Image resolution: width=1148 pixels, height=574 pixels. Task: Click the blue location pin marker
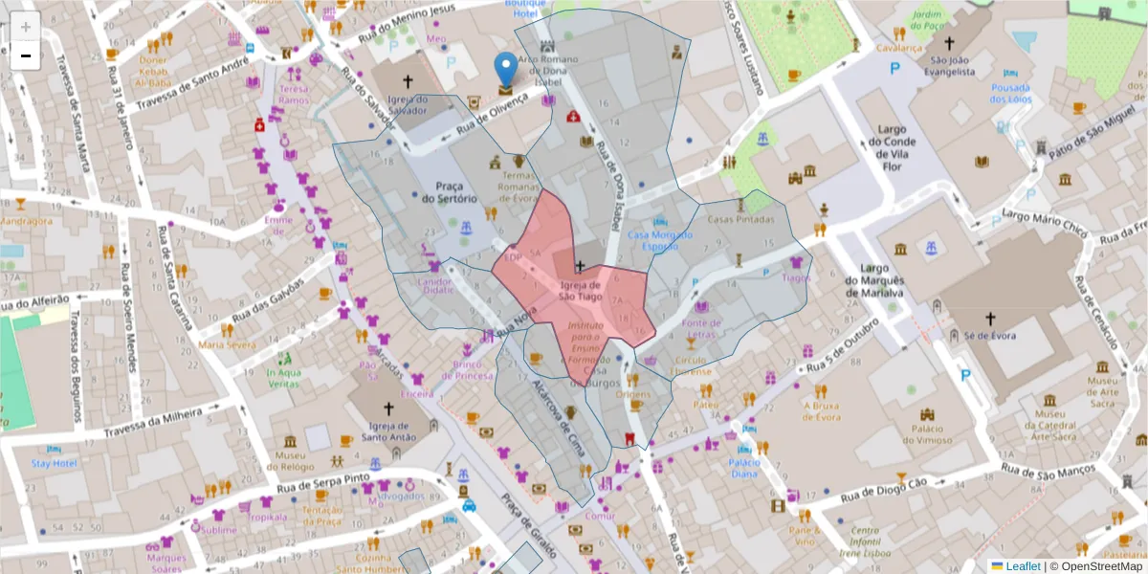[x=505, y=72]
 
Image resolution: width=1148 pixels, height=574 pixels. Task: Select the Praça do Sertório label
[x=449, y=191]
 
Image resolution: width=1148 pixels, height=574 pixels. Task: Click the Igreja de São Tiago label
[x=581, y=291]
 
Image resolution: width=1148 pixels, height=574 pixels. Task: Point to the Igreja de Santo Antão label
[x=387, y=432]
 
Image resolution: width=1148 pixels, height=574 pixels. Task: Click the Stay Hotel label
[x=53, y=463]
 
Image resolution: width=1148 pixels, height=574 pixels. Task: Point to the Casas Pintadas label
[x=740, y=219]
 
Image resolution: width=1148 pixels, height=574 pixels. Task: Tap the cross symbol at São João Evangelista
[x=949, y=43]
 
